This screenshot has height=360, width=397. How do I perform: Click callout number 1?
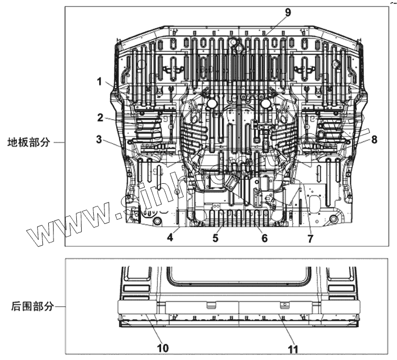(99, 82)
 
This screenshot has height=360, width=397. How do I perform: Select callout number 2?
(99, 117)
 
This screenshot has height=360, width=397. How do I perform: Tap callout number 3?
(99, 140)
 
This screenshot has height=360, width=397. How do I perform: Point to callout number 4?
(170, 238)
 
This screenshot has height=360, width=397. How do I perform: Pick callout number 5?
(216, 238)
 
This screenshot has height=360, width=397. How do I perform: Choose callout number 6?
(264, 238)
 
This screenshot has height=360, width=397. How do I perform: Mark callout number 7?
(310, 238)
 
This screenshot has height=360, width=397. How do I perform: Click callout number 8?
(374, 140)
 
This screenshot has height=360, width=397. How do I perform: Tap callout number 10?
(163, 348)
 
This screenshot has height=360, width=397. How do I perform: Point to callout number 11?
(293, 349)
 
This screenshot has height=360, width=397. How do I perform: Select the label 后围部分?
(32, 306)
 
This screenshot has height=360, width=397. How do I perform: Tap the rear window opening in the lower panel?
(239, 275)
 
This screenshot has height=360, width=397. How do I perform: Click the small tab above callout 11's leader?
(284, 304)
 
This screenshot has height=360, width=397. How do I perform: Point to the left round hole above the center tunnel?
(211, 103)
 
